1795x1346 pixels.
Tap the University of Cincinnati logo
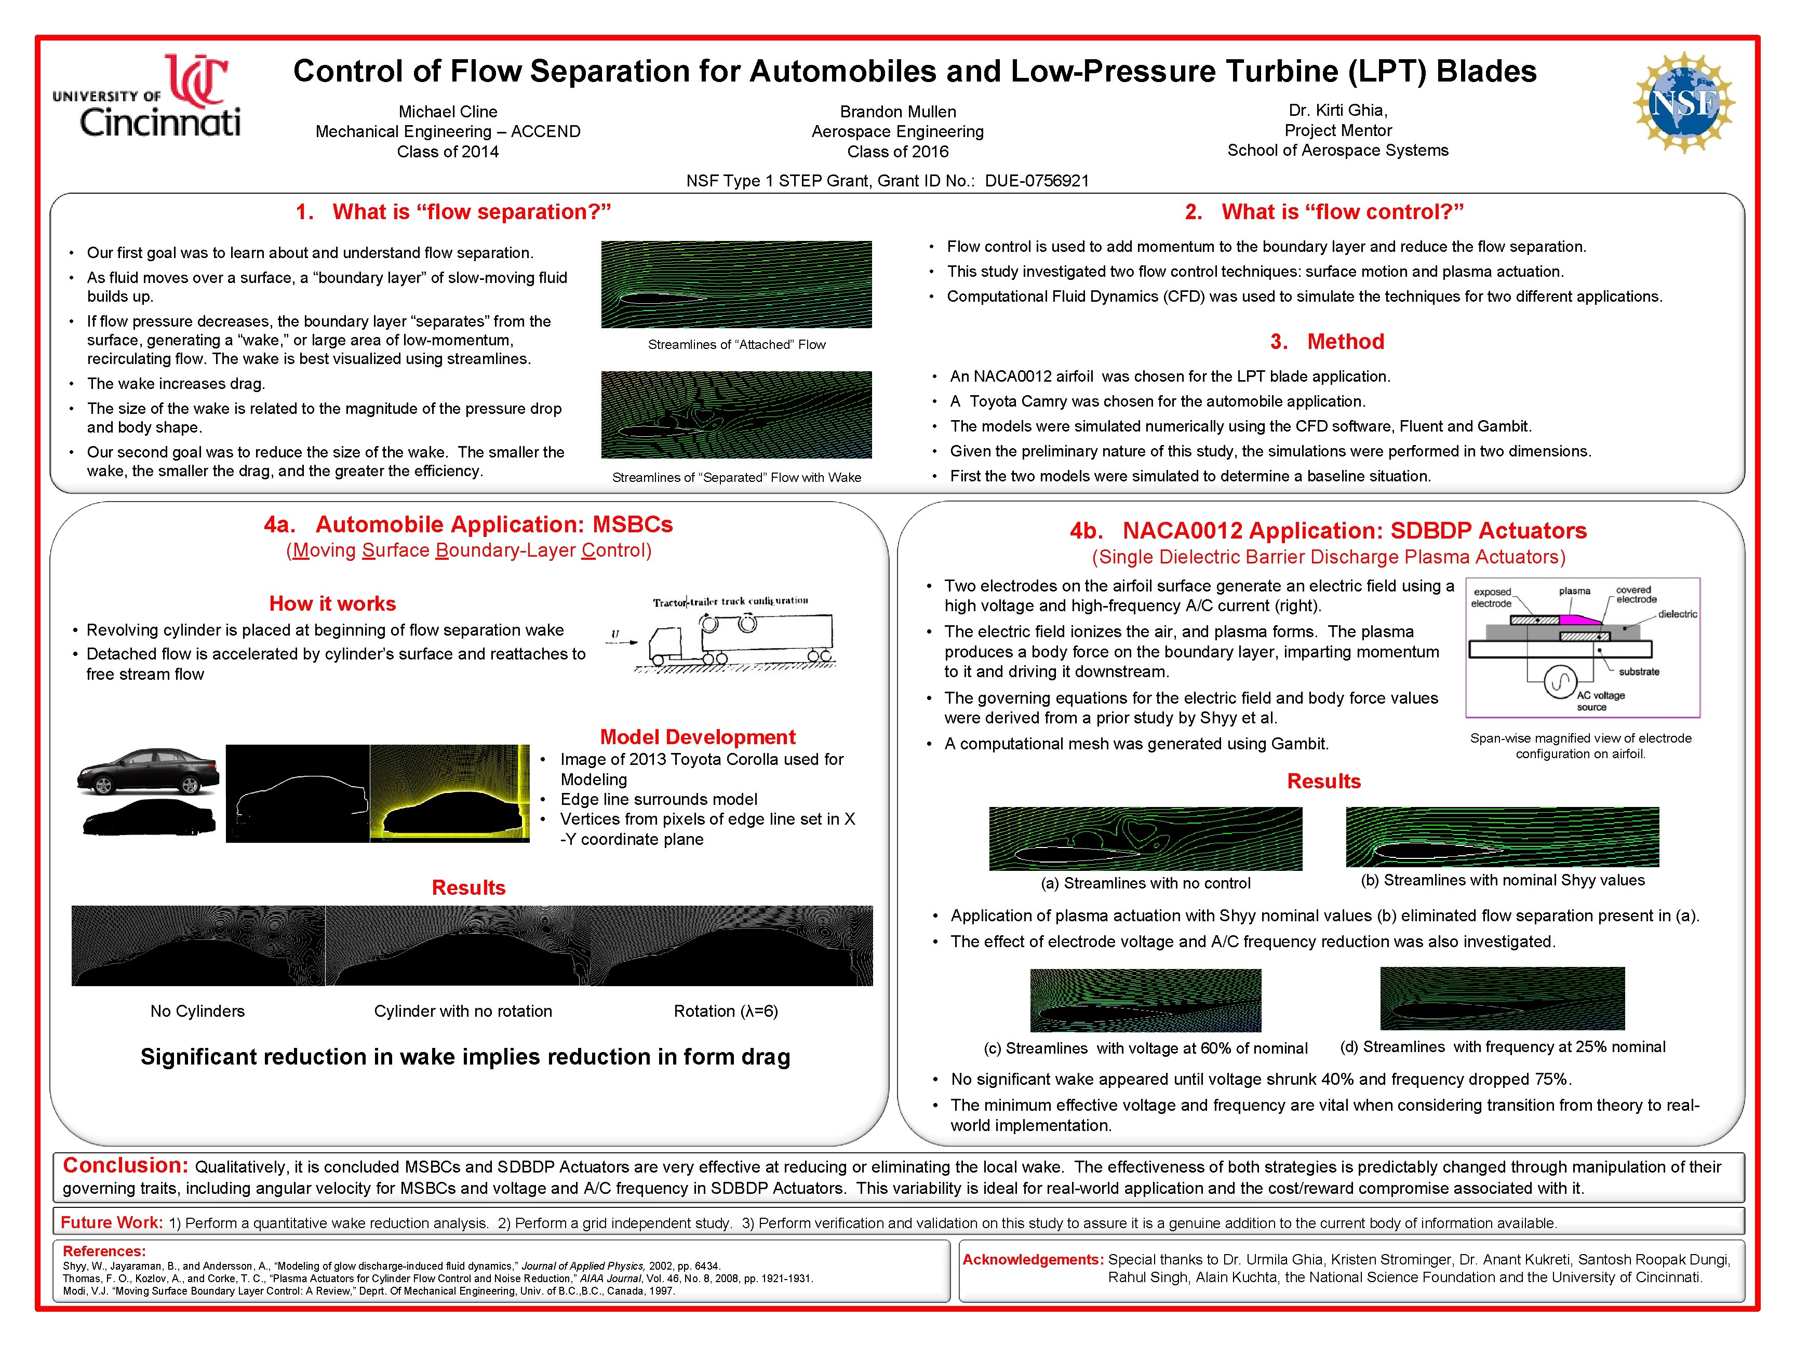click(x=147, y=95)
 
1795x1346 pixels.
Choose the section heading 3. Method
click(x=1327, y=342)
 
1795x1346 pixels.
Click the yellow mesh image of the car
click(x=450, y=793)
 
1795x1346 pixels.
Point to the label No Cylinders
click(x=197, y=1011)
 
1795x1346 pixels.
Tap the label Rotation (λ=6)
click(x=726, y=1011)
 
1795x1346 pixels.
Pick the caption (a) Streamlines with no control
click(x=1145, y=883)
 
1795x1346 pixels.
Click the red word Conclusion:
click(x=126, y=1166)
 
